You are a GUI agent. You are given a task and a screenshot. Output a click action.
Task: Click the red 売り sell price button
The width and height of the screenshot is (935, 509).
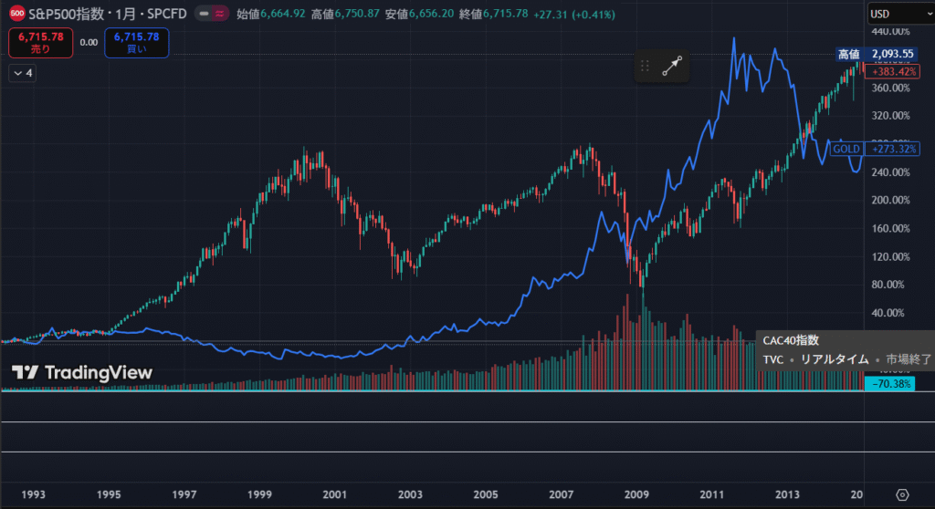click(x=39, y=42)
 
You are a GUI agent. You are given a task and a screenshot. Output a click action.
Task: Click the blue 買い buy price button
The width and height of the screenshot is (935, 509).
click(x=136, y=42)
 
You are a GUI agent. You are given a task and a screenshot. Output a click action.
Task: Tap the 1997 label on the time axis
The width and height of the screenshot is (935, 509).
click(x=184, y=493)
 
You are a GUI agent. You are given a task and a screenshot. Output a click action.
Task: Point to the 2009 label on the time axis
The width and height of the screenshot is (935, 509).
click(x=637, y=493)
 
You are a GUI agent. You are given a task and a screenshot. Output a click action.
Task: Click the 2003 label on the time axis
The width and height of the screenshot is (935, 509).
click(x=411, y=493)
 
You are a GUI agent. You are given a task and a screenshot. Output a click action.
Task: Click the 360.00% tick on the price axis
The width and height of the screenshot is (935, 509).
click(x=891, y=88)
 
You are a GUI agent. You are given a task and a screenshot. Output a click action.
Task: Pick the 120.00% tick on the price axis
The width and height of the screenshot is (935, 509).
click(x=891, y=256)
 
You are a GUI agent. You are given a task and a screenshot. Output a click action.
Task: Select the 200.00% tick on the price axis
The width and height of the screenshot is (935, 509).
click(x=891, y=201)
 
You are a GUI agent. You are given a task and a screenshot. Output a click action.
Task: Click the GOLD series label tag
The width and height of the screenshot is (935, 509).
click(x=846, y=148)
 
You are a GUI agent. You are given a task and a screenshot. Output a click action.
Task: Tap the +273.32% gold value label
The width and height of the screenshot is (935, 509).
click(x=894, y=148)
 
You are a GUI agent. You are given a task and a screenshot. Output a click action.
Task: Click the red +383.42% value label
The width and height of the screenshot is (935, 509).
click(x=894, y=71)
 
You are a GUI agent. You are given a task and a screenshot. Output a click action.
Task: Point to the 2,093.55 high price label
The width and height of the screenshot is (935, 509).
click(x=893, y=55)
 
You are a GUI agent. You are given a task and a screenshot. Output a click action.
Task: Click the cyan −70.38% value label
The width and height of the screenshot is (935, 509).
click(x=891, y=385)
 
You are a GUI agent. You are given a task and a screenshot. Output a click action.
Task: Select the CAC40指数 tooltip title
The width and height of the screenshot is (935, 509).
click(x=792, y=340)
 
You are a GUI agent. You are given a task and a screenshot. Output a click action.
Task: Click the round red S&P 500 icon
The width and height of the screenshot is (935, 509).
click(x=16, y=15)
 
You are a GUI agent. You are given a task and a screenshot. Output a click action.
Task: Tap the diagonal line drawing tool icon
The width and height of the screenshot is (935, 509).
click(x=672, y=66)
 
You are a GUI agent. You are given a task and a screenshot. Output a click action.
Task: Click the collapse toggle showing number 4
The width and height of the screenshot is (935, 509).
click(x=23, y=74)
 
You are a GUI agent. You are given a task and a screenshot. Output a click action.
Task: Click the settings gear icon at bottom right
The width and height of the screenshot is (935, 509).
click(x=902, y=493)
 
